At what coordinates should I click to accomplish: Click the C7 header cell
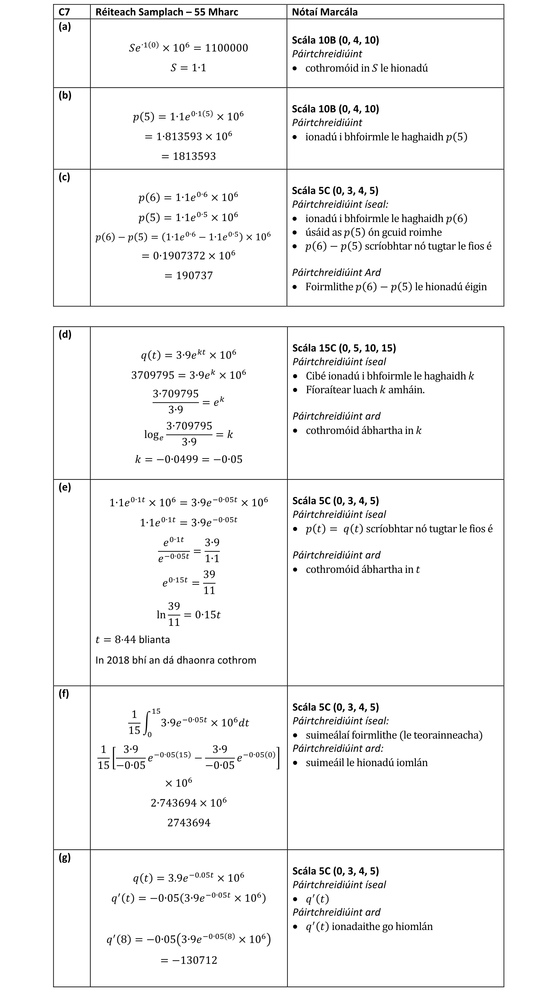[64, 12]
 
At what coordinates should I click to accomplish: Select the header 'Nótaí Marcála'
[324, 12]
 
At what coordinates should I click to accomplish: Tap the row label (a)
[65, 27]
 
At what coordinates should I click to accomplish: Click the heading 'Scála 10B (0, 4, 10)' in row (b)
[335, 109]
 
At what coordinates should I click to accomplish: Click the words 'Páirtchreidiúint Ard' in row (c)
[336, 272]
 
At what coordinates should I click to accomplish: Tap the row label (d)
[65, 334]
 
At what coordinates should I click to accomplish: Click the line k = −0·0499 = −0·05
[188, 459]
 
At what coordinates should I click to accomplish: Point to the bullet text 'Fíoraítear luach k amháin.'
[365, 390]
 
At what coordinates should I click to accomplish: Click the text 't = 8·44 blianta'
[133, 640]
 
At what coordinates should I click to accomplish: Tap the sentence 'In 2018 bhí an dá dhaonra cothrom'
[176, 660]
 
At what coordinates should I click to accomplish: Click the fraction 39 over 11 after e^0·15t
[209, 582]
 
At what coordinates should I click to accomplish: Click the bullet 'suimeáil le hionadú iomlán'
[366, 762]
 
